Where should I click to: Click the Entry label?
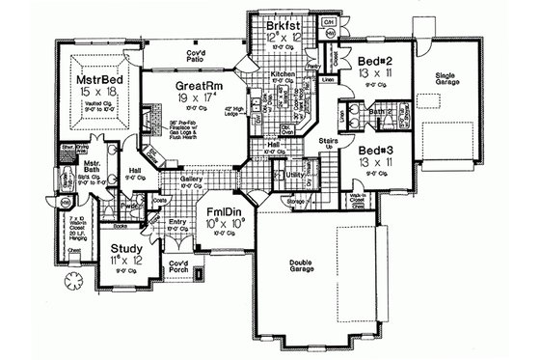[x=177, y=221]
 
